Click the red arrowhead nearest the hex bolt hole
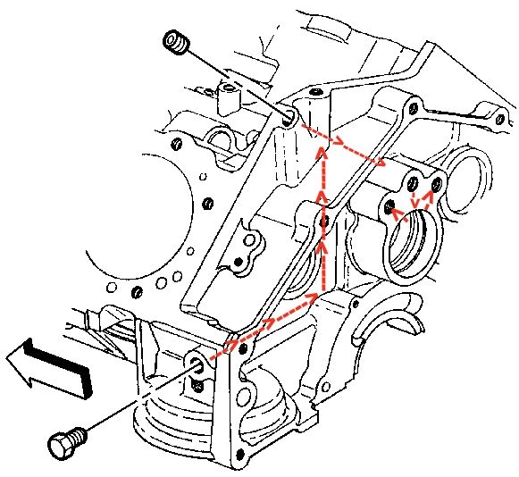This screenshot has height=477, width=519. point(234,343)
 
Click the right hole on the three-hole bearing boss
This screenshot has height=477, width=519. point(436,185)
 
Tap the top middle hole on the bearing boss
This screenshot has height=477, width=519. point(412,185)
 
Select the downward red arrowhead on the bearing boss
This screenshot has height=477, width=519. point(414,203)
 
